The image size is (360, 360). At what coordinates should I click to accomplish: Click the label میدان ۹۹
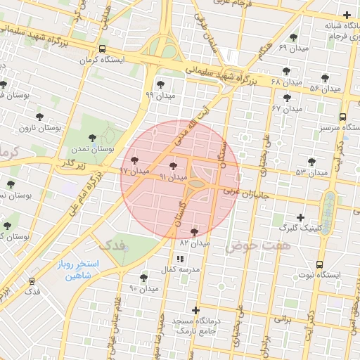159,94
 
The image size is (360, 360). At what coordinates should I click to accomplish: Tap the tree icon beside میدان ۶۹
293,37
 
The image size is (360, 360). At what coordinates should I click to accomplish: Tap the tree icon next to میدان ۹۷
135,161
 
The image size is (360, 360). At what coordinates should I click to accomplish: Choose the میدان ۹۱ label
173,177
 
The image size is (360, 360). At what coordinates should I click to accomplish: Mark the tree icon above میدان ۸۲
195,231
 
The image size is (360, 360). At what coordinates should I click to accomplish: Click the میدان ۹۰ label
144,288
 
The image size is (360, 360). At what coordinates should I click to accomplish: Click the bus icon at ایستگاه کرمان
103,49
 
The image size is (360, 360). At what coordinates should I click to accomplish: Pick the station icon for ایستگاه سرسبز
342,117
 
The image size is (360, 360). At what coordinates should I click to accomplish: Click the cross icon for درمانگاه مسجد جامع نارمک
195,310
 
